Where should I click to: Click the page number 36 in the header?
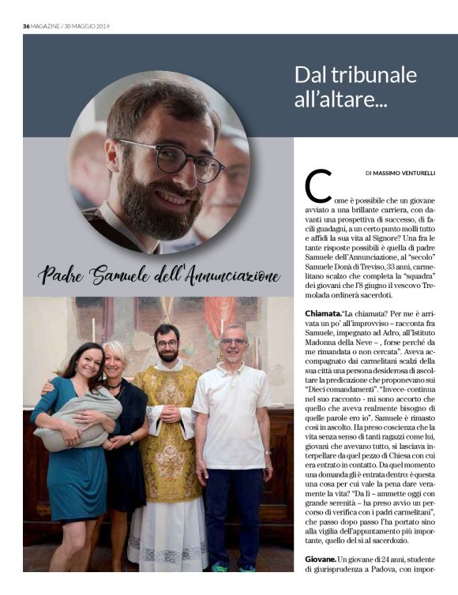point(26,26)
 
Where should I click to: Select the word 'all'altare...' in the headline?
point(340,100)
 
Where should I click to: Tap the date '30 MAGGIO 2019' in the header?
point(88,26)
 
